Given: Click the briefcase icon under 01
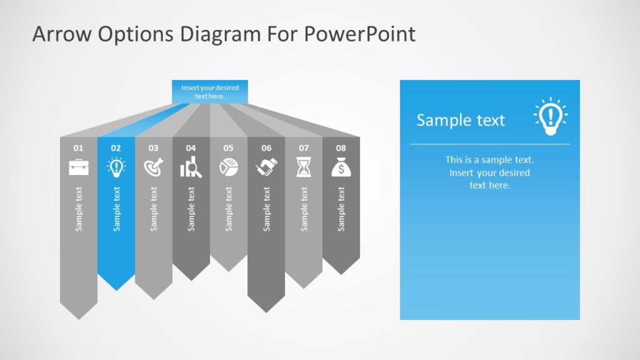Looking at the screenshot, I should (x=78, y=167).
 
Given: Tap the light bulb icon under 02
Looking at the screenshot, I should (x=116, y=167).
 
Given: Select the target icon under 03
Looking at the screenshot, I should (x=153, y=167).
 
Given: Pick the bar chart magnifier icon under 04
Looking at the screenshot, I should (x=191, y=167).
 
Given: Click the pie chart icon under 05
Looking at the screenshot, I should (x=228, y=167).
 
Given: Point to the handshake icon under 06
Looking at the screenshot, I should (x=266, y=167).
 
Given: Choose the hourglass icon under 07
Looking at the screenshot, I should (x=304, y=167).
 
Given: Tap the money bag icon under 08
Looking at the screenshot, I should (x=341, y=167).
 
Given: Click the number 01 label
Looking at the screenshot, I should (x=78, y=148).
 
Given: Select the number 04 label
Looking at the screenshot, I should (x=191, y=148).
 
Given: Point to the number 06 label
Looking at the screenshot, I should (x=266, y=148).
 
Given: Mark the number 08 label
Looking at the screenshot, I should (x=341, y=148).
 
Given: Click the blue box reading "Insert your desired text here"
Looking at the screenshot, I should (x=210, y=92).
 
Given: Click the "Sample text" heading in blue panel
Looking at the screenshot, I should (x=461, y=120).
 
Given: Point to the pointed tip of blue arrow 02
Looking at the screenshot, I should (x=116, y=289).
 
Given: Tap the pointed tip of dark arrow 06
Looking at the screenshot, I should (x=266, y=311).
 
